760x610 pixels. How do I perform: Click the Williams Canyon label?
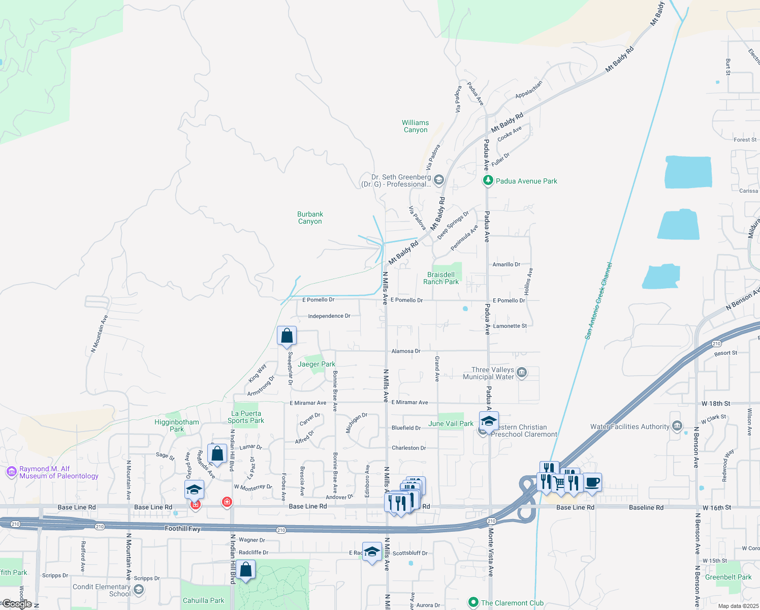415,126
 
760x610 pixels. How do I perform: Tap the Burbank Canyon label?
310,218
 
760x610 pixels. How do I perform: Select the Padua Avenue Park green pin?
488,180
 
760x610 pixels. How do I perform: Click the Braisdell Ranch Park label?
440,278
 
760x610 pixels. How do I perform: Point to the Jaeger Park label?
316,364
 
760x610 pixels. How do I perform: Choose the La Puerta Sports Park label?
246,417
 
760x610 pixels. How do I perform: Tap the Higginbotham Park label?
177,425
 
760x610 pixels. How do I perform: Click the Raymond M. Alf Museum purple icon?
11,472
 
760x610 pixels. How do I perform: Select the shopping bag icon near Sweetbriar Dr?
287,336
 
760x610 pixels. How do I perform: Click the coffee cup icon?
592,482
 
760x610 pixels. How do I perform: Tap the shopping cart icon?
559,483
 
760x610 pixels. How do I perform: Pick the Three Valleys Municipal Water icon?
522,373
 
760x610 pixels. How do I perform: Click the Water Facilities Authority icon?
677,426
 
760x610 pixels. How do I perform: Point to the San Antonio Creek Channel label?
598,301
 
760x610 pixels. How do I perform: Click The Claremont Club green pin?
473,602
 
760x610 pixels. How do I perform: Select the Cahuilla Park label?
203,600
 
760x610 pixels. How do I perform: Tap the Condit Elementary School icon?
138,590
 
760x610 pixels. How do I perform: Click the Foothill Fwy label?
182,529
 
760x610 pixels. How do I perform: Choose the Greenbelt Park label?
728,577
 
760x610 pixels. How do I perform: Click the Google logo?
17,604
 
